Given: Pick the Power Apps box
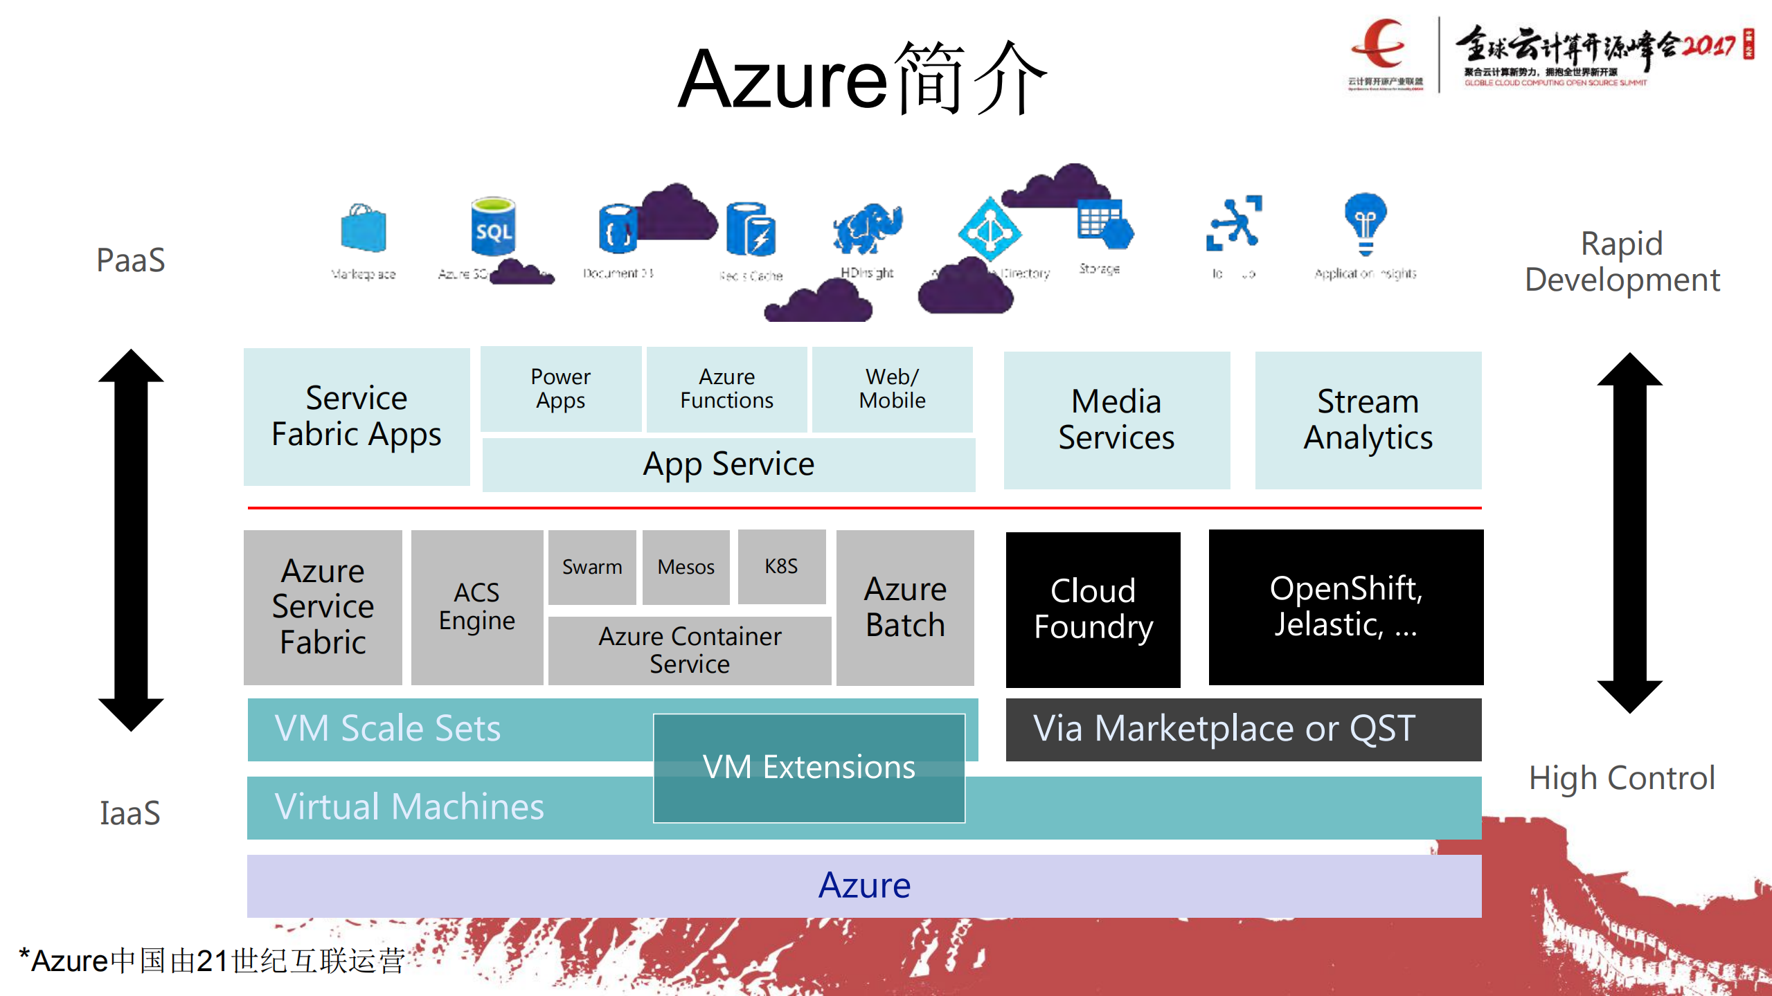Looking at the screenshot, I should [560, 389].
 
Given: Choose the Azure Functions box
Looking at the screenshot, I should [726, 389].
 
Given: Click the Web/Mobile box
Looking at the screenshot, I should [892, 389].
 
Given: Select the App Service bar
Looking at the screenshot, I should [728, 464].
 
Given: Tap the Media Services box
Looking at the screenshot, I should [1116, 419].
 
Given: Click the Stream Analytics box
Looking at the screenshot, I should [1368, 419].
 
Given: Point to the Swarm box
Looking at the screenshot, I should [592, 567].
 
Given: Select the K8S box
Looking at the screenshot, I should [781, 567].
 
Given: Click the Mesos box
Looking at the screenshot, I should [686, 567].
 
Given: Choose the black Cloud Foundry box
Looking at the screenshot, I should [1093, 609].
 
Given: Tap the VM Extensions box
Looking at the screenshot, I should [809, 768].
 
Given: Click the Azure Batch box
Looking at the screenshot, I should [905, 607].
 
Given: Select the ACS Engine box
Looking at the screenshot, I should [477, 607].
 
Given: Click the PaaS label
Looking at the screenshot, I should [131, 260].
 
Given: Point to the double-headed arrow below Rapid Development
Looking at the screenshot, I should [1629, 533].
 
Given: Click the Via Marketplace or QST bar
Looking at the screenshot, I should [1243, 729].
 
